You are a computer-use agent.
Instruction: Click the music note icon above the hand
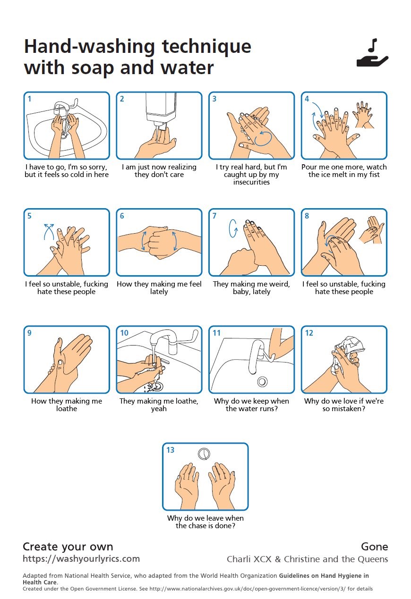point(372,45)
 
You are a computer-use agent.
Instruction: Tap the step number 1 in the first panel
point(29,99)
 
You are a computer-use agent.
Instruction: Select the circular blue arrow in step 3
point(263,138)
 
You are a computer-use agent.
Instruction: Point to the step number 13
point(170,450)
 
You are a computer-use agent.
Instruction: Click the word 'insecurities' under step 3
point(251,182)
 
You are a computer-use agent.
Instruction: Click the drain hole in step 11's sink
point(262,381)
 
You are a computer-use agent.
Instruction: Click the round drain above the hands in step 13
point(204,454)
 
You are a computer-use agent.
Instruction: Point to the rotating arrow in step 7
point(233,228)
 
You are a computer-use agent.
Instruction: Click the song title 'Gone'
point(374,547)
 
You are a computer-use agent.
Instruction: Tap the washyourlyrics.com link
point(81,559)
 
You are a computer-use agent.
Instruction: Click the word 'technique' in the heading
point(206,47)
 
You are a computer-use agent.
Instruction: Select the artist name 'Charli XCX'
point(249,559)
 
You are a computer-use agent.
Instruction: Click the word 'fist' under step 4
point(375,175)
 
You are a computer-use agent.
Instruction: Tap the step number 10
point(124,333)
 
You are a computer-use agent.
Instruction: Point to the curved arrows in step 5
point(49,232)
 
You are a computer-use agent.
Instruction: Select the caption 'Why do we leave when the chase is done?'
point(205,522)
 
